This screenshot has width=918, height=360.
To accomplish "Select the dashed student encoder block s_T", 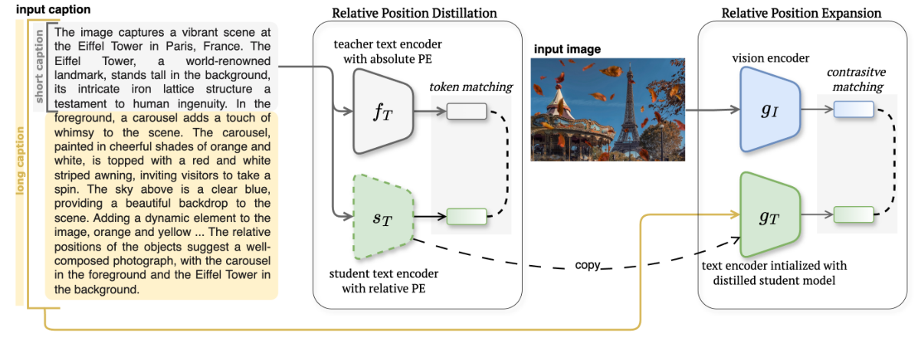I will click(x=383, y=219).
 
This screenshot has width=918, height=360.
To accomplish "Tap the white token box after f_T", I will click(x=467, y=112).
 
